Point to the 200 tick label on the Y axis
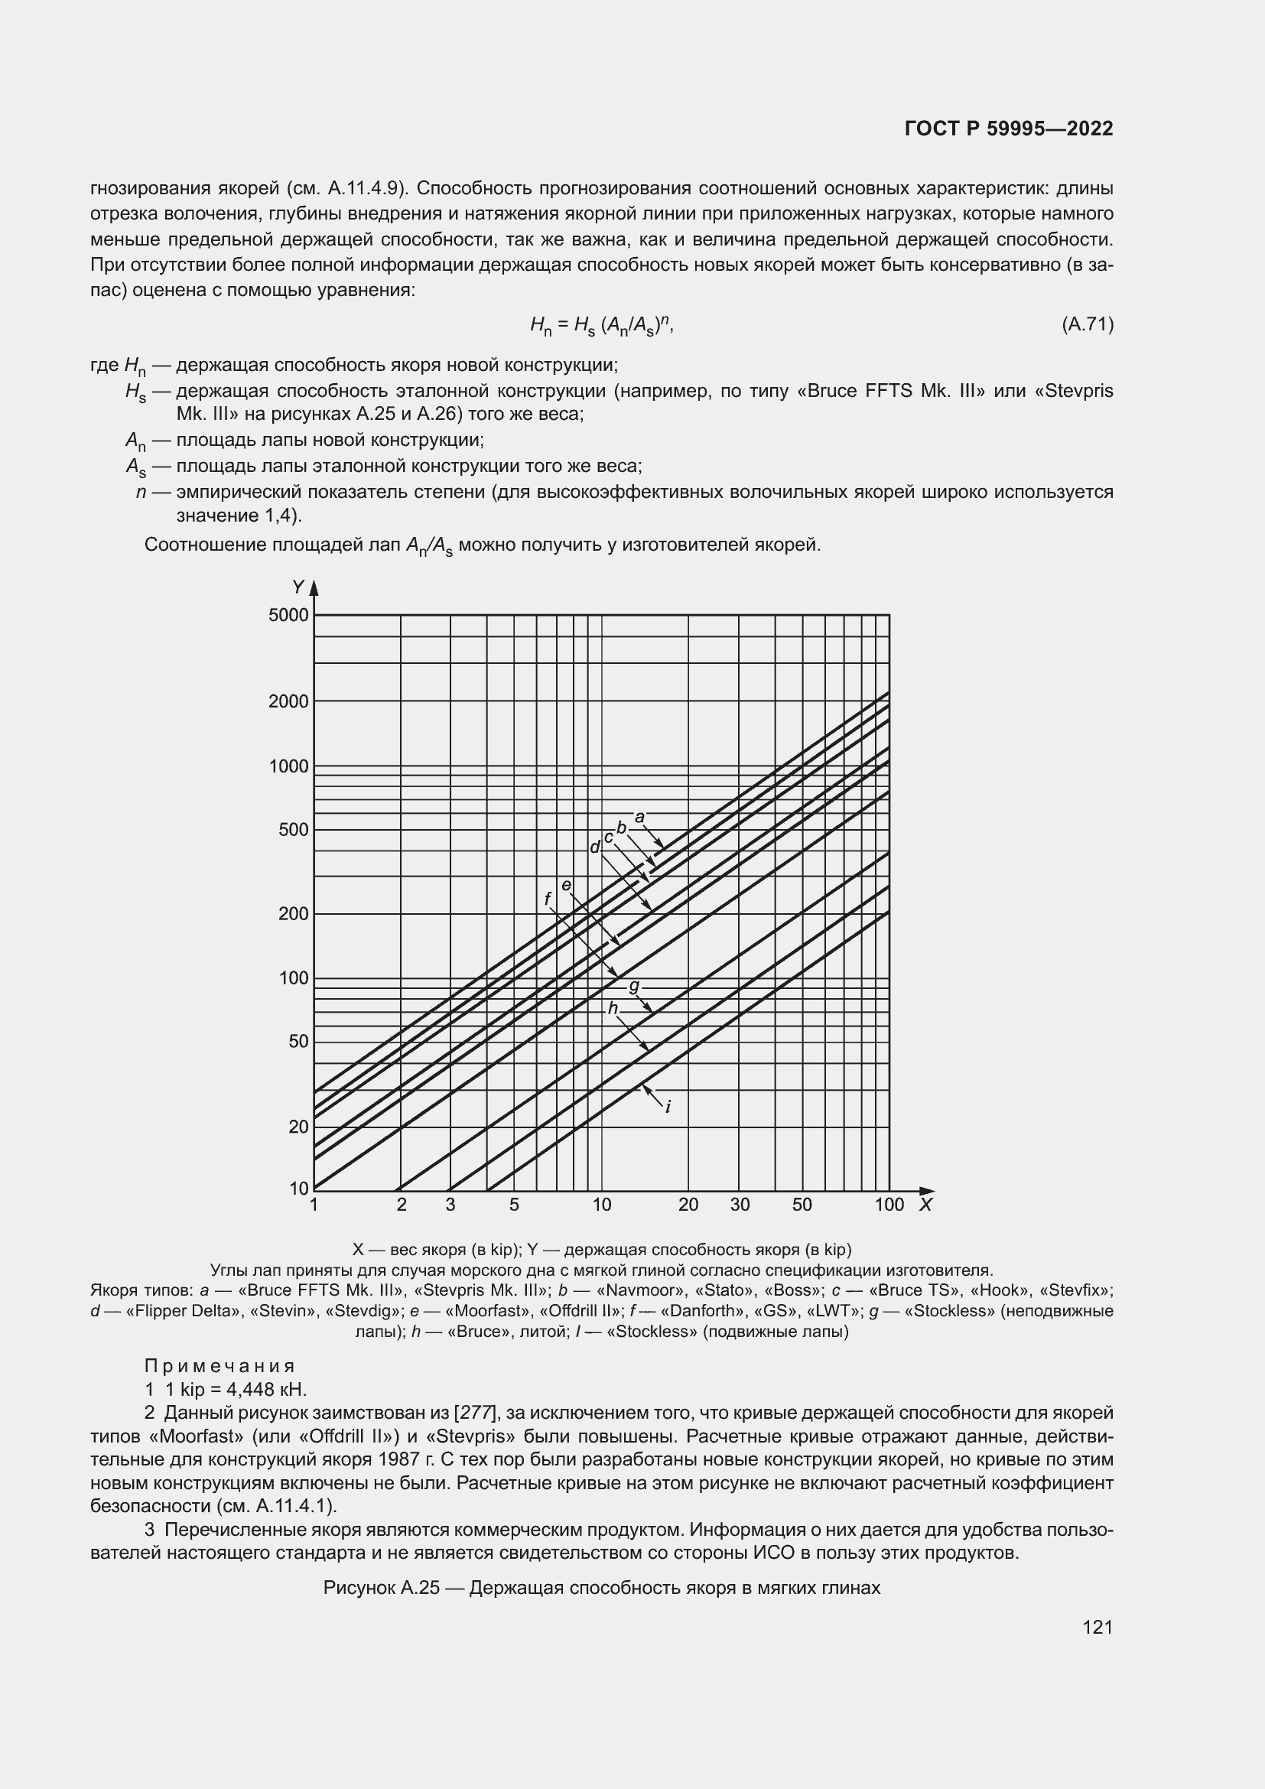(x=293, y=913)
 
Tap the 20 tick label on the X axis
(x=688, y=1205)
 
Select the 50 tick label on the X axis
(x=802, y=1205)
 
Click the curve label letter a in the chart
(x=639, y=818)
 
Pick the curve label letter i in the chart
(x=668, y=1107)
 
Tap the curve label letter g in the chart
(x=634, y=987)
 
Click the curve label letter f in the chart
(x=548, y=899)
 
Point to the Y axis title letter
(x=298, y=587)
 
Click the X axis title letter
(x=925, y=1205)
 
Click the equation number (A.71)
(x=1087, y=324)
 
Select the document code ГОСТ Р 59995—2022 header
(x=1009, y=129)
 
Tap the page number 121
(x=1097, y=1627)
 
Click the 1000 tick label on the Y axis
(x=288, y=766)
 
